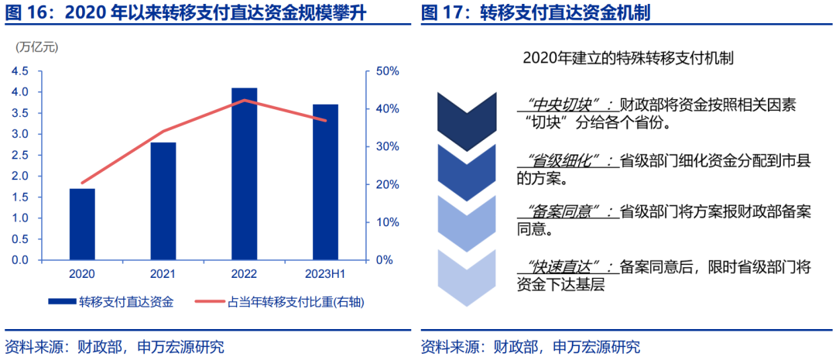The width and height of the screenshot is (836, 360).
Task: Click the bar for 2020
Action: click(x=82, y=224)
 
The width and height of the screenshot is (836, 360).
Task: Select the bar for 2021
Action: click(x=163, y=201)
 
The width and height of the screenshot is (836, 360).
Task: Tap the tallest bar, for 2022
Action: click(x=244, y=173)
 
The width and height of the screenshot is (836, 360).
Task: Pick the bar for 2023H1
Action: click(x=326, y=182)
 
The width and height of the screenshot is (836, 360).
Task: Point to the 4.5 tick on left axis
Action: click(x=20, y=71)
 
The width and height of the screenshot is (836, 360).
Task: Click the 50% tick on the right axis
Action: click(x=386, y=71)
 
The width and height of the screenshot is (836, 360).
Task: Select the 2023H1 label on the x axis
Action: click(x=326, y=274)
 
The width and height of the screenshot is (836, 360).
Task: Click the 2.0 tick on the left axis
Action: click(x=20, y=176)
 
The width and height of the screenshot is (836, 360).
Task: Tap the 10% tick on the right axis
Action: click(x=386, y=222)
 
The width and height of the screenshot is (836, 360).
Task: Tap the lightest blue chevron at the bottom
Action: click(x=467, y=279)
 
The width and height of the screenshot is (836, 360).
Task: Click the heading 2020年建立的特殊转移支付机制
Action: click(x=628, y=59)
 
